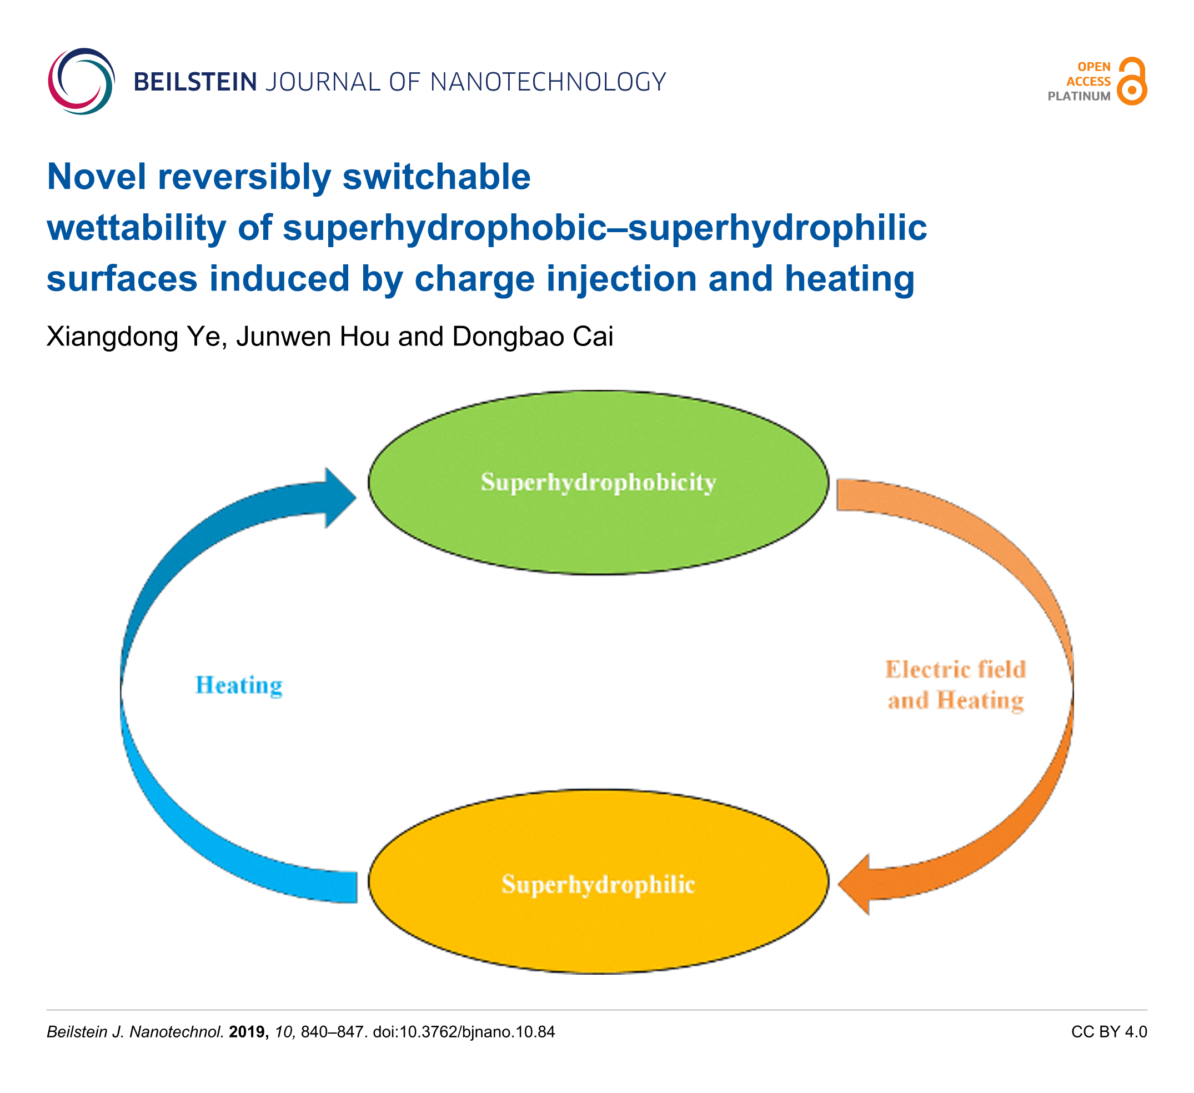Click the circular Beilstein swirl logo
tap(81, 81)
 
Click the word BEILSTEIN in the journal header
tap(195, 82)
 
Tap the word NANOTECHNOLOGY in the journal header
tap(548, 82)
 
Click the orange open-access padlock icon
tap(1132, 81)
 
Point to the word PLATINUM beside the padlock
tap(1079, 97)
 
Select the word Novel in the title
tap(97, 177)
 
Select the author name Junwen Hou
tap(313, 337)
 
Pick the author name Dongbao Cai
tap(533, 337)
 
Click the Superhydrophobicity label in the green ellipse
tap(598, 483)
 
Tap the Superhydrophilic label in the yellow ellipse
tap(598, 885)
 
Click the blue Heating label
tap(239, 685)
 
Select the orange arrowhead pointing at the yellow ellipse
tap(854, 885)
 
